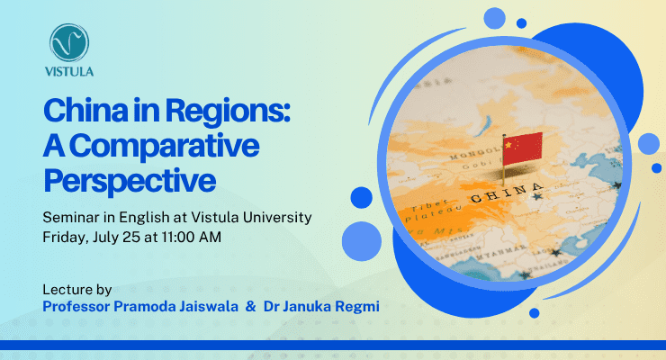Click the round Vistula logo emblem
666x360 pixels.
69,43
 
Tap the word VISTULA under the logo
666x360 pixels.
69,71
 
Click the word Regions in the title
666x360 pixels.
227,112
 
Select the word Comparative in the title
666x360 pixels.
164,146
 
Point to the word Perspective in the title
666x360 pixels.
130,180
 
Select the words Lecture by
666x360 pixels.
76,290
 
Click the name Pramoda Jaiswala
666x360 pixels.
175,307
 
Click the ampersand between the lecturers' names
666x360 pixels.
250,306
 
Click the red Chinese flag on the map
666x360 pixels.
522,148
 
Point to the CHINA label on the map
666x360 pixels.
507,193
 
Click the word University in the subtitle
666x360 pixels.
277,218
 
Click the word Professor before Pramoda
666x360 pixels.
76,307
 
